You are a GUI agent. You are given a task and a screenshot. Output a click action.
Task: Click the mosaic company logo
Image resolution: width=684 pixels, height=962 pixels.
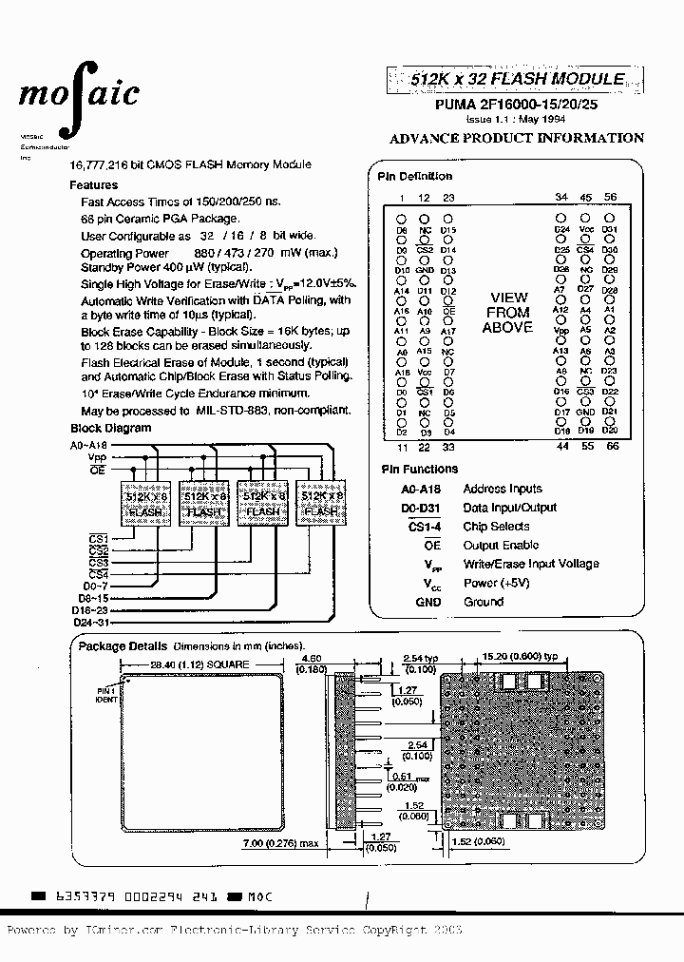(x=79, y=93)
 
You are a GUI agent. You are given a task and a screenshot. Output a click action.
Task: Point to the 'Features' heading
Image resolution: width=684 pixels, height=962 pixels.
(x=94, y=185)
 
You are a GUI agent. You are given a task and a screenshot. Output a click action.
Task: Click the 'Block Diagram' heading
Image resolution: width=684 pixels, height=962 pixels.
(x=110, y=428)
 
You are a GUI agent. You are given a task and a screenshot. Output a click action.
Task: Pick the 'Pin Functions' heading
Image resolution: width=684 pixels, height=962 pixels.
(x=419, y=469)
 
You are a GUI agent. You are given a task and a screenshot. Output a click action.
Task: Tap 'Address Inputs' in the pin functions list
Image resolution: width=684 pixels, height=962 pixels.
(x=502, y=489)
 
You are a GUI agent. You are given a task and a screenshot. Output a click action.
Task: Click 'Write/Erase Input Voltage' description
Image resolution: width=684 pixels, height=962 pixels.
(x=530, y=564)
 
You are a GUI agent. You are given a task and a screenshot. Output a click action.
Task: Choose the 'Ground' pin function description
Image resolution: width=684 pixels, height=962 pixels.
(x=483, y=602)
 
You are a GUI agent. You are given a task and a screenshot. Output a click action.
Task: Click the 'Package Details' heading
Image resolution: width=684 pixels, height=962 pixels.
(x=123, y=645)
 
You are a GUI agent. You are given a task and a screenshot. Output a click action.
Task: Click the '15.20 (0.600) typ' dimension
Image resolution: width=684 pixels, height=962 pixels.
(x=528, y=656)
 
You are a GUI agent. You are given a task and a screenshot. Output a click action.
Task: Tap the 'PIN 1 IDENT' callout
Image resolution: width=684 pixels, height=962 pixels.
(x=104, y=693)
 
